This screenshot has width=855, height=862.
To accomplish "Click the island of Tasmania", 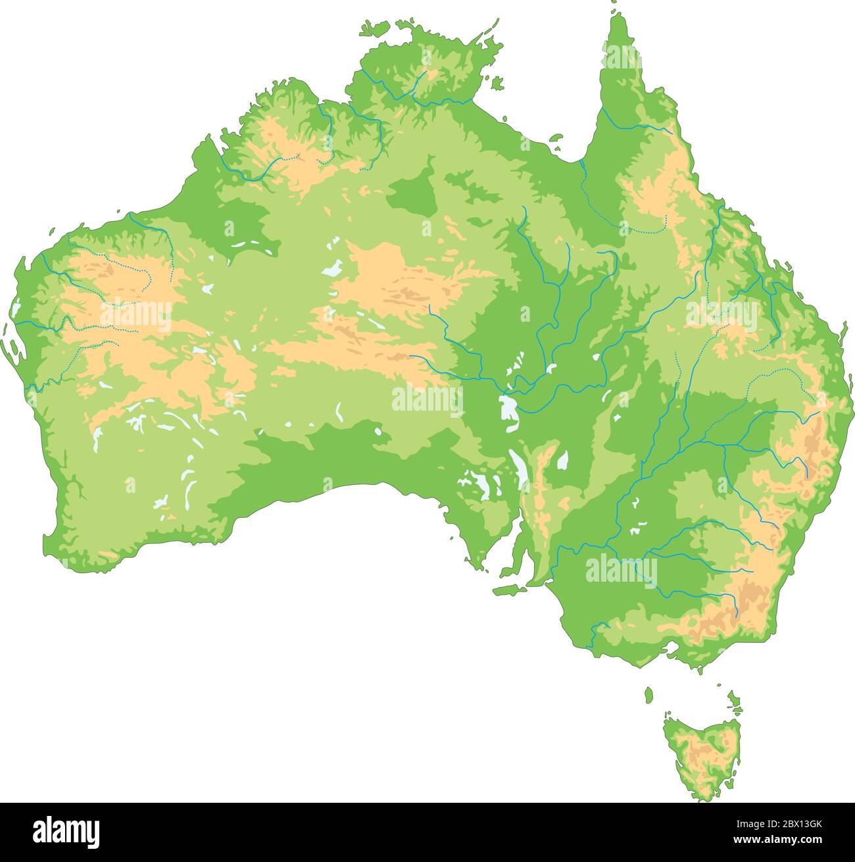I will click(x=700, y=757).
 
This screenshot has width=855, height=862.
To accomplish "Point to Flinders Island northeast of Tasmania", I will click(x=733, y=699).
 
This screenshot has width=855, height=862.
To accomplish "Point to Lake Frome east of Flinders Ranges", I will click(x=563, y=460).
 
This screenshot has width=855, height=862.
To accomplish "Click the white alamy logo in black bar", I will click(x=66, y=832).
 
